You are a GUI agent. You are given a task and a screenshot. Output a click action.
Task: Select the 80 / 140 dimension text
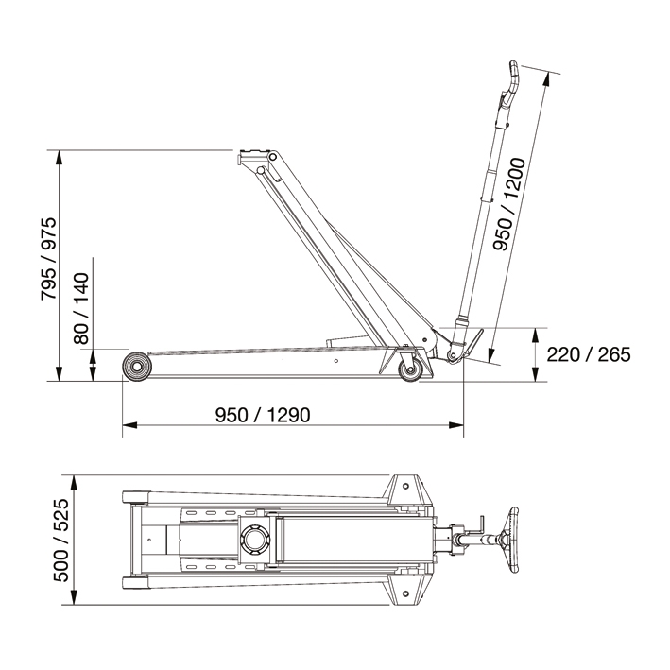[x=82, y=308]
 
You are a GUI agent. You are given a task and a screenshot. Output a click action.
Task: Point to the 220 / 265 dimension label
[x=588, y=354]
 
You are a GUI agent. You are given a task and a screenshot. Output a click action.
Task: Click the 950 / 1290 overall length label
[x=263, y=415]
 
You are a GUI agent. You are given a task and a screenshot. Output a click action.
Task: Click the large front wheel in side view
[x=138, y=366]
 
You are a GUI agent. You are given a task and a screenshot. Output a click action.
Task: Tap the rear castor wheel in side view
[x=411, y=369]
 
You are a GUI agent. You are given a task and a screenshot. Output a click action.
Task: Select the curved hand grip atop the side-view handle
[x=511, y=83]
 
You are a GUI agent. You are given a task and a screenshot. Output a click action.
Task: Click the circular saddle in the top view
[x=256, y=541]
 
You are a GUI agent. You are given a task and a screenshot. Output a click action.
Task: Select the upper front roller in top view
[x=133, y=497]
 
